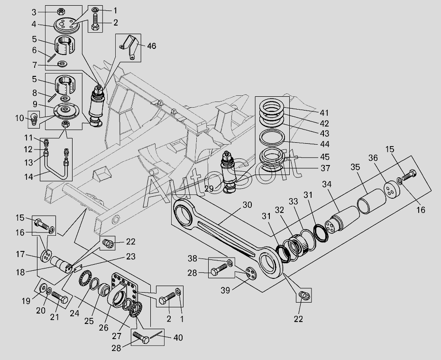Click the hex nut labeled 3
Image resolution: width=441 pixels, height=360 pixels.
pos(61,12)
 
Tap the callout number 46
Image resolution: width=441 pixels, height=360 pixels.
pos(152,46)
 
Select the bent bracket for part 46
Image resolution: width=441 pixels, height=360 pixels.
pos(130,46)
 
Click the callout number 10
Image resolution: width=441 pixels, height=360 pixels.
pos(19,118)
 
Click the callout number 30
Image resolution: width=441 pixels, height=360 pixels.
pos(247,204)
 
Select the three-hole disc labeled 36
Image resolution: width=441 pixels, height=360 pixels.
pos(392,190)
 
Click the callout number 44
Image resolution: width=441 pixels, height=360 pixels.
pos(324,144)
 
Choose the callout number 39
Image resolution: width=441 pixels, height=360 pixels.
pos(225,290)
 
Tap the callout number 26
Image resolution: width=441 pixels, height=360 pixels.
pos(103,328)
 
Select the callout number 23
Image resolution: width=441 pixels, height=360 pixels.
pos(130,257)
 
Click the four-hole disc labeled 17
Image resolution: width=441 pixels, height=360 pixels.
pos(46,256)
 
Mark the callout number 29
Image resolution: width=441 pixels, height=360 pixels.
pos(209,189)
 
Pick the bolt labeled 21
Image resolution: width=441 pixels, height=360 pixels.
pos(60,297)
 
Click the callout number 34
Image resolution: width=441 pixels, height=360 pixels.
pos(327,184)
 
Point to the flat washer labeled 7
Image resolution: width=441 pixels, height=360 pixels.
pos(62,64)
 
